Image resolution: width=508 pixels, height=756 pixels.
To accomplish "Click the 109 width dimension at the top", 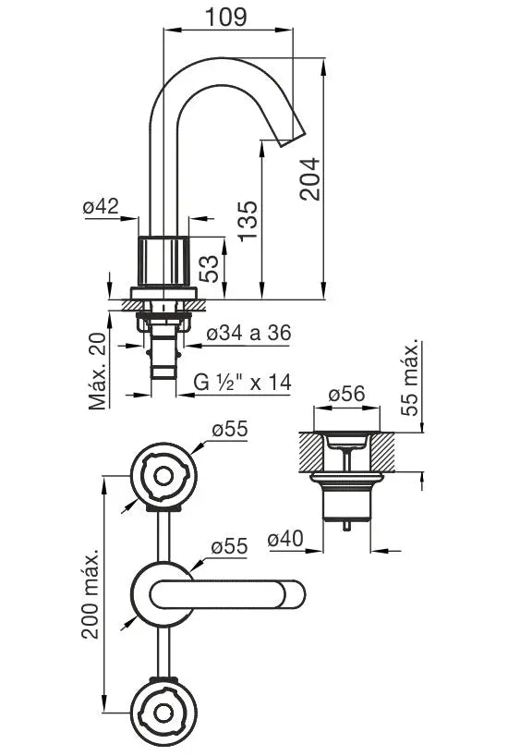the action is tap(226, 17).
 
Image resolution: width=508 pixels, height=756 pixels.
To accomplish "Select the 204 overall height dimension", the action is tap(309, 179).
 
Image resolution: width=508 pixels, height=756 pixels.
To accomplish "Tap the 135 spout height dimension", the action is tap(248, 221).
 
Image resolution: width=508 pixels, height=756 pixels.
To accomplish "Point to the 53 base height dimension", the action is tap(209, 269).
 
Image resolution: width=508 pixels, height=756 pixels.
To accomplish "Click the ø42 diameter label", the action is tap(101, 206).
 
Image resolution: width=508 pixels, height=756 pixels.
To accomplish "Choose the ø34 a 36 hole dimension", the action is tap(248, 333).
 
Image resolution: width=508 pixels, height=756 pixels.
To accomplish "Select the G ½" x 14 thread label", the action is tap(242, 383).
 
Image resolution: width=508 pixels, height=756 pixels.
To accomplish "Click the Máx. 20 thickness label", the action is tap(97, 372).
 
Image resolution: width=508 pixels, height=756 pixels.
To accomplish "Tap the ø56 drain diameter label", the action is tap(347, 394).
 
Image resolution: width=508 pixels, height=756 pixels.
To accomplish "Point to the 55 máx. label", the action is tap(410, 379).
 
